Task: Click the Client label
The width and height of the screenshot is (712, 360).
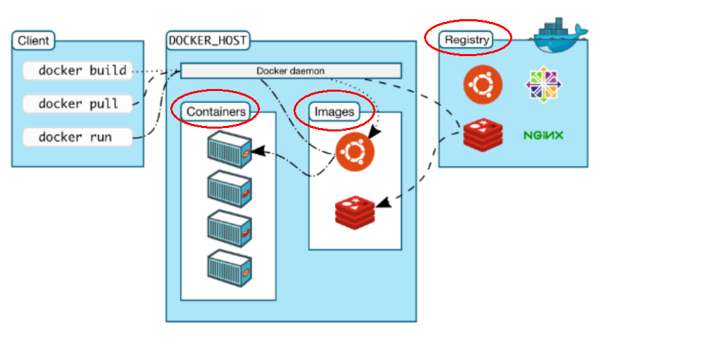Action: [x=34, y=40]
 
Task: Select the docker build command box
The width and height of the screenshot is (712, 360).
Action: [x=77, y=70]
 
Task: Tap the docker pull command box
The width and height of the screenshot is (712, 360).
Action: [x=77, y=104]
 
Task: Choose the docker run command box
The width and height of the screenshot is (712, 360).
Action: [x=77, y=138]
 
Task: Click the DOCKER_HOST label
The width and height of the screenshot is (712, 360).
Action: [x=208, y=40]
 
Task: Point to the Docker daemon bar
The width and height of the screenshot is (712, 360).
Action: [x=291, y=70]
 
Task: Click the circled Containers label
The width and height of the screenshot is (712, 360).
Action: [x=216, y=111]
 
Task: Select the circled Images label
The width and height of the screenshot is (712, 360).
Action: [x=334, y=111]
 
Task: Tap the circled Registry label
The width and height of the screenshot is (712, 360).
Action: [x=467, y=40]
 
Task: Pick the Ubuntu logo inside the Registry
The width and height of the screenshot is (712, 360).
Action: [x=483, y=85]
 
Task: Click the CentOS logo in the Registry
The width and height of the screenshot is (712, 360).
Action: [x=543, y=85]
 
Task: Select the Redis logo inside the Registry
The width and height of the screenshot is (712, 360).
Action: [x=483, y=134]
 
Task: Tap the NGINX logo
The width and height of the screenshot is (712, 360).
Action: [x=543, y=135]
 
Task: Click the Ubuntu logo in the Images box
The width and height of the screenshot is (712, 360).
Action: [x=355, y=152]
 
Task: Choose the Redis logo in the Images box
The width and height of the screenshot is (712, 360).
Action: [x=355, y=211]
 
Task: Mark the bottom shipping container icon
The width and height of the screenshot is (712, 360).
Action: [x=229, y=267]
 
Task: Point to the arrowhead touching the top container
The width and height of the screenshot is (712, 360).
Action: [x=257, y=148]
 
